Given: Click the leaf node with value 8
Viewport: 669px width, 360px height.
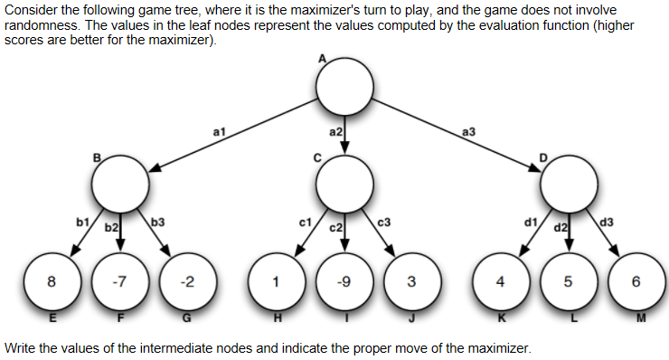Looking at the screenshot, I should click(x=52, y=280).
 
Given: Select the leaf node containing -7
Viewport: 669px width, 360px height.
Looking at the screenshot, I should click(x=119, y=280).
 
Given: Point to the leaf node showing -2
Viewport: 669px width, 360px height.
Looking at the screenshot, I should click(x=186, y=280).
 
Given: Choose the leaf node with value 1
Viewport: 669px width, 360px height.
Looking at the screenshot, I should click(x=277, y=280).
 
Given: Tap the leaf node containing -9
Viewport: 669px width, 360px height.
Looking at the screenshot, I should click(x=344, y=280).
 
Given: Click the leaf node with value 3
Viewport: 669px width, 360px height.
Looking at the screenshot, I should click(x=411, y=280).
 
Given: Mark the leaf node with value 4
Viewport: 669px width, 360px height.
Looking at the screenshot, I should click(x=501, y=280).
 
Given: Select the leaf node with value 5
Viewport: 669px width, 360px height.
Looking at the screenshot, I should click(x=569, y=280).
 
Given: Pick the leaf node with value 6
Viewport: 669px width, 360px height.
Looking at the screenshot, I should click(x=636, y=280).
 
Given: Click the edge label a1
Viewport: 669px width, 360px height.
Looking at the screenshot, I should click(x=218, y=132).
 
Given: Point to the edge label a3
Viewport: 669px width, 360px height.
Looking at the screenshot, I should click(x=468, y=132).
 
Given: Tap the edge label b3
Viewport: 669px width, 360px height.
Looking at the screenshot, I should click(x=157, y=221).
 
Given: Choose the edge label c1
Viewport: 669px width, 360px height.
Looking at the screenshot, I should click(x=305, y=221).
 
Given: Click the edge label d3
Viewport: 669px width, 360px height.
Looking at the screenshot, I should click(x=606, y=221).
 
